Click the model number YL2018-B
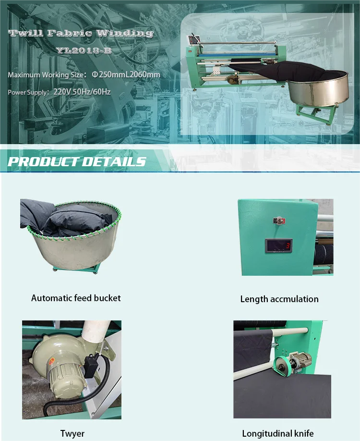[x=83, y=50]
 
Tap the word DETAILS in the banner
[x=113, y=161]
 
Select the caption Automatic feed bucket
[x=76, y=298]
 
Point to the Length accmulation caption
[x=279, y=299]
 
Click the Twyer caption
[x=72, y=434]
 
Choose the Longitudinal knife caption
[x=278, y=434]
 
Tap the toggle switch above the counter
[x=278, y=220]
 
